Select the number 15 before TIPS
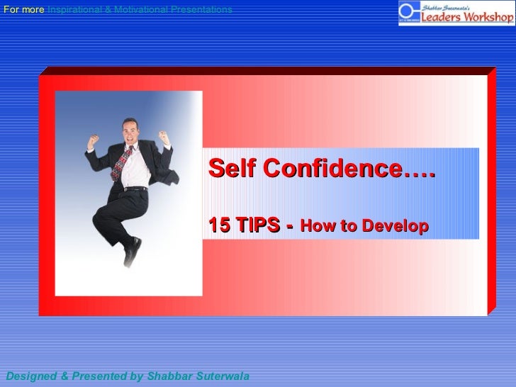tap(218, 226)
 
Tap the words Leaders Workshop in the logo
tap(467, 17)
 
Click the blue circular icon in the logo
tap(408, 13)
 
